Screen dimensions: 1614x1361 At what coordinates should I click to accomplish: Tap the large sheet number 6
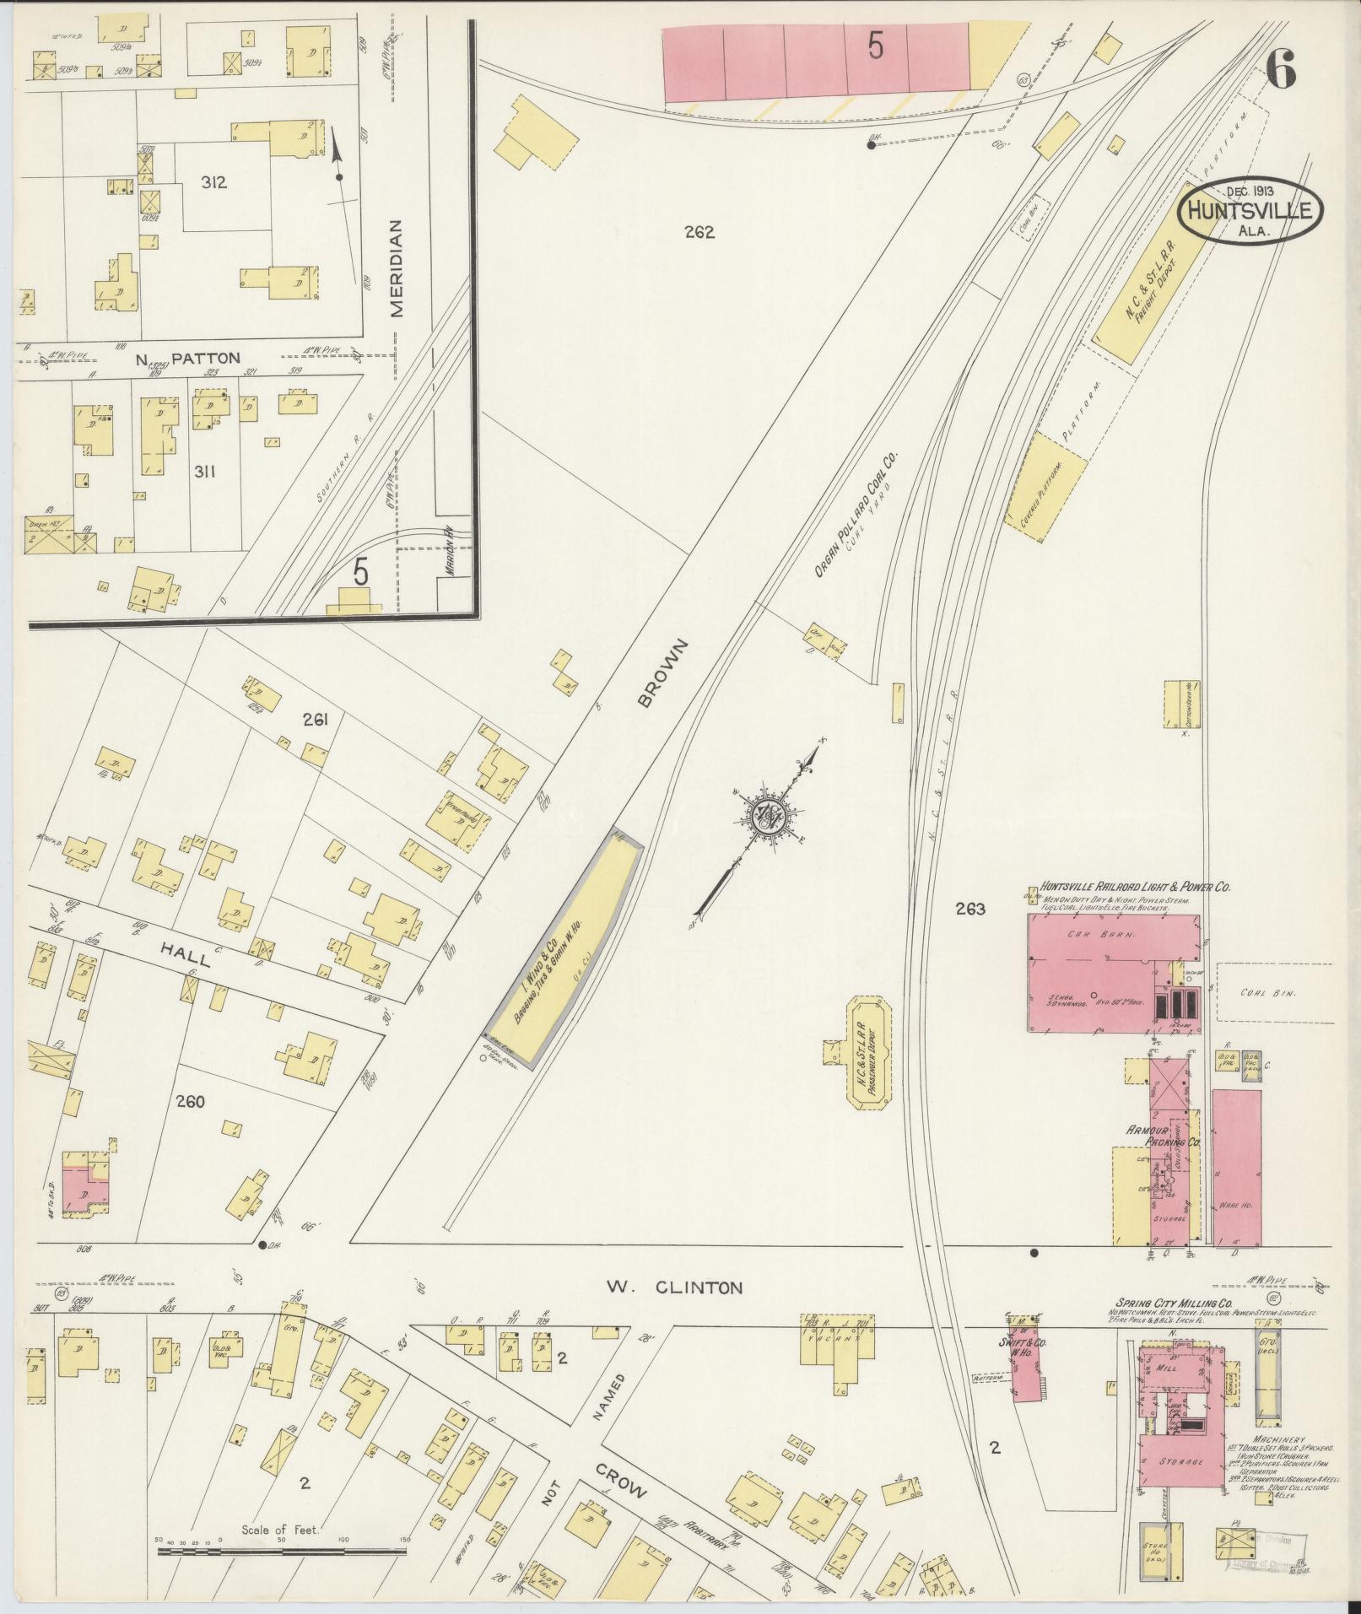click(x=1281, y=70)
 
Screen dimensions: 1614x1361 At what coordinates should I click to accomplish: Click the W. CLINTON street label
click(x=674, y=1311)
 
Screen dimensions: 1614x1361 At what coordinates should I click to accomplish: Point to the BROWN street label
click(x=664, y=672)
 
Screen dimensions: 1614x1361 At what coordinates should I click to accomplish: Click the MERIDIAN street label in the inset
click(x=397, y=268)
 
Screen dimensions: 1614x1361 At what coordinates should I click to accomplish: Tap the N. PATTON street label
click(x=188, y=359)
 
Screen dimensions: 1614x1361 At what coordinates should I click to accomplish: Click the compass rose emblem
click(x=769, y=815)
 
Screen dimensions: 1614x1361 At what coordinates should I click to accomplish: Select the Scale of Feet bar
click(x=283, y=1551)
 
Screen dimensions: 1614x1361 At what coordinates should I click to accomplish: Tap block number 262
click(x=699, y=232)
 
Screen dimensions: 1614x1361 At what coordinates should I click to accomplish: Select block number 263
click(x=970, y=909)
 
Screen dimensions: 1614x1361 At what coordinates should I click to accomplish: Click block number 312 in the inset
click(x=213, y=181)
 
